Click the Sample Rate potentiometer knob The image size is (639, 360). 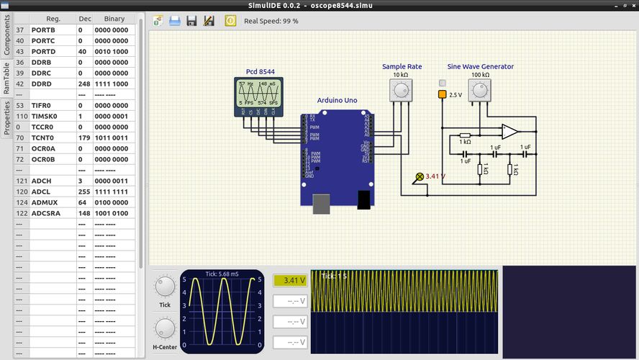point(401,89)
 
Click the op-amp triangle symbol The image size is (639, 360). point(509,132)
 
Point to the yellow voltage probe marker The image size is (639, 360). point(420,176)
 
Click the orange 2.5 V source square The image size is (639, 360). point(442,94)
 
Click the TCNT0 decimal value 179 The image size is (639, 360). point(85,137)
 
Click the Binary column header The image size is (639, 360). point(114,19)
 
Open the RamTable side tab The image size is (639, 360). point(6,78)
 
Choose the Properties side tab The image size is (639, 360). point(6,117)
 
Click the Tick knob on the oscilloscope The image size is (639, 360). point(165,287)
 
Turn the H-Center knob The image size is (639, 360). point(165,330)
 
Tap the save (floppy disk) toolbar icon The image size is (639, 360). point(191,21)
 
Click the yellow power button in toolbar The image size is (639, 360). point(230,21)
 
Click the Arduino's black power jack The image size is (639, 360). point(363,199)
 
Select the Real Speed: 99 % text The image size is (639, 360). point(271,21)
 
